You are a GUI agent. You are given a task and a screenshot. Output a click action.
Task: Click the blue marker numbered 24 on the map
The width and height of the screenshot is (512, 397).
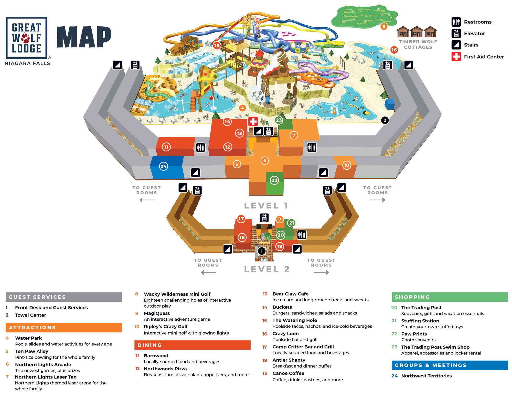coord(163,166)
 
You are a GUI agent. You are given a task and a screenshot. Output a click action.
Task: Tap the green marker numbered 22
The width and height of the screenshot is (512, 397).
coord(274,180)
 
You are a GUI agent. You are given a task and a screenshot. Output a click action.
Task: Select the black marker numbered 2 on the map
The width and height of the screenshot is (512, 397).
coord(385,120)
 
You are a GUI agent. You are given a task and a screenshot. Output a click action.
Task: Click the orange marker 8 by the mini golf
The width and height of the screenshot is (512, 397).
coord(384,26)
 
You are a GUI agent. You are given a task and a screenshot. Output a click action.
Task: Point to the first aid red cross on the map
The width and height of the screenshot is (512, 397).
coord(253,121)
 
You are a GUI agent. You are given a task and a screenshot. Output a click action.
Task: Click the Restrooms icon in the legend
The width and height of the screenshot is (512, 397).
coord(456,22)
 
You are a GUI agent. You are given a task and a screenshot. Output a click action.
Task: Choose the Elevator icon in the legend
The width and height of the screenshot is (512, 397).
coord(456,33)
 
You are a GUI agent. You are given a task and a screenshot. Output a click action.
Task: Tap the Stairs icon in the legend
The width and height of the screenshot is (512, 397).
coord(456,45)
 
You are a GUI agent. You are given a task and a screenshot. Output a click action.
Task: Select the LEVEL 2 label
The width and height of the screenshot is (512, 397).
coord(267,269)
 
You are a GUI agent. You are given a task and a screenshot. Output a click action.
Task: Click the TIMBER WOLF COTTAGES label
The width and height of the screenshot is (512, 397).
coord(418,44)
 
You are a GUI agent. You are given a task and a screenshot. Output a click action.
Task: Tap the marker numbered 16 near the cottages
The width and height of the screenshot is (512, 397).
coord(394,50)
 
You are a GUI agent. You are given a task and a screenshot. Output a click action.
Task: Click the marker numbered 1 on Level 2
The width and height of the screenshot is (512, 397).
coord(262,251)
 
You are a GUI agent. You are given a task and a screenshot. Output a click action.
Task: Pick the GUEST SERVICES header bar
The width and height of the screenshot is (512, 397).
coord(63,297)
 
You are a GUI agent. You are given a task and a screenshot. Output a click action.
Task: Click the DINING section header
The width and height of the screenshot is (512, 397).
coord(192,345)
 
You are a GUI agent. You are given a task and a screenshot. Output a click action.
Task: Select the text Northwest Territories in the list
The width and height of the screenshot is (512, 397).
coord(426,376)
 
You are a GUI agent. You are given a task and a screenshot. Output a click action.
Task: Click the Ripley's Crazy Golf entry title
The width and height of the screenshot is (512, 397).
coord(166,327)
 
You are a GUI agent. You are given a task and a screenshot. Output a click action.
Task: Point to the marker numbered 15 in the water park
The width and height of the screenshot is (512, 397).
coord(217,46)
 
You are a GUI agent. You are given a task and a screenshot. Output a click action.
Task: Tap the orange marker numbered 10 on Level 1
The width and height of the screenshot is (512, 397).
coord(346,165)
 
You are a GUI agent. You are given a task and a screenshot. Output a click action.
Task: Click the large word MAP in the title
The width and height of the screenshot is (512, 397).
coord(84,37)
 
